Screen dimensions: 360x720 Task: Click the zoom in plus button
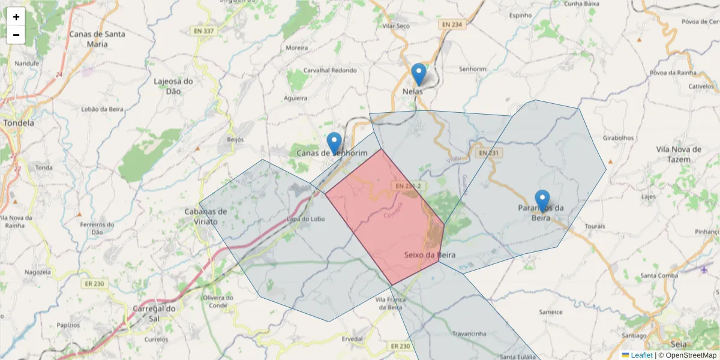(x=16, y=17)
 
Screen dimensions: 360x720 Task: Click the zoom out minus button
(x=16, y=35)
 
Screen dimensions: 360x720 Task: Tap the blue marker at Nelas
(x=419, y=74)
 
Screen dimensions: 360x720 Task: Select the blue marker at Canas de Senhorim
(x=334, y=143)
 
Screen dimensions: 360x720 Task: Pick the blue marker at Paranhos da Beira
(x=542, y=201)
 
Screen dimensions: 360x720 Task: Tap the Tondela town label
(x=19, y=123)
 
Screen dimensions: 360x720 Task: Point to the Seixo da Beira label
(x=430, y=255)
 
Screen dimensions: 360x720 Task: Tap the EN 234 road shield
(x=452, y=25)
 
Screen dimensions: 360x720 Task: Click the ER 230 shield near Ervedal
(x=400, y=346)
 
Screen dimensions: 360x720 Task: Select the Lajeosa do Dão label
(x=173, y=86)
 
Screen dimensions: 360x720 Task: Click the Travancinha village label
(x=469, y=334)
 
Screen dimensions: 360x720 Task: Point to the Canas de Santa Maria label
(x=97, y=39)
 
